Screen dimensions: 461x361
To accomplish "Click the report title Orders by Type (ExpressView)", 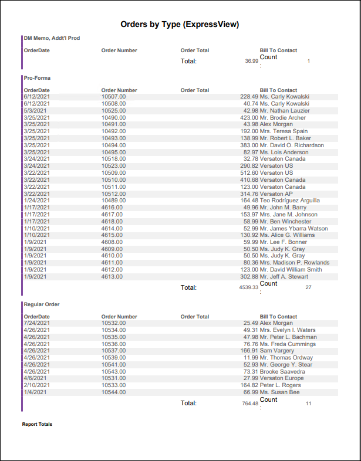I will tap(180, 25).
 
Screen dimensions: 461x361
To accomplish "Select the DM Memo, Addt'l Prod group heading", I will tap(52, 38).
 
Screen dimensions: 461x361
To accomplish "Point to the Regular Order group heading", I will tap(42, 304).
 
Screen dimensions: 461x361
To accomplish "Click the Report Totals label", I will tap(37, 424).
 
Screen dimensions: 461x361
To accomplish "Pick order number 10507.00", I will tap(113, 97).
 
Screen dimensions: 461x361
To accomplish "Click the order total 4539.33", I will tap(249, 288).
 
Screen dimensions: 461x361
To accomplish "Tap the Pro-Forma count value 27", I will tap(308, 288).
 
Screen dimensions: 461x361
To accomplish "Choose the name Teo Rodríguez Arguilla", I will tap(290, 201).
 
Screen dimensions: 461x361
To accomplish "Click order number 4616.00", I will tap(112, 208).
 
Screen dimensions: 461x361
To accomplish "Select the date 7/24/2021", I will tap(36, 323).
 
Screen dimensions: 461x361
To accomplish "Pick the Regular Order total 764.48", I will tap(250, 404).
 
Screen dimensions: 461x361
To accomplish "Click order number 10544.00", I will tap(113, 392).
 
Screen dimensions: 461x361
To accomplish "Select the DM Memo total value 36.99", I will tap(251, 61).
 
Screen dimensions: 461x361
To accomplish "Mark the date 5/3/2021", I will tap(33, 110).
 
